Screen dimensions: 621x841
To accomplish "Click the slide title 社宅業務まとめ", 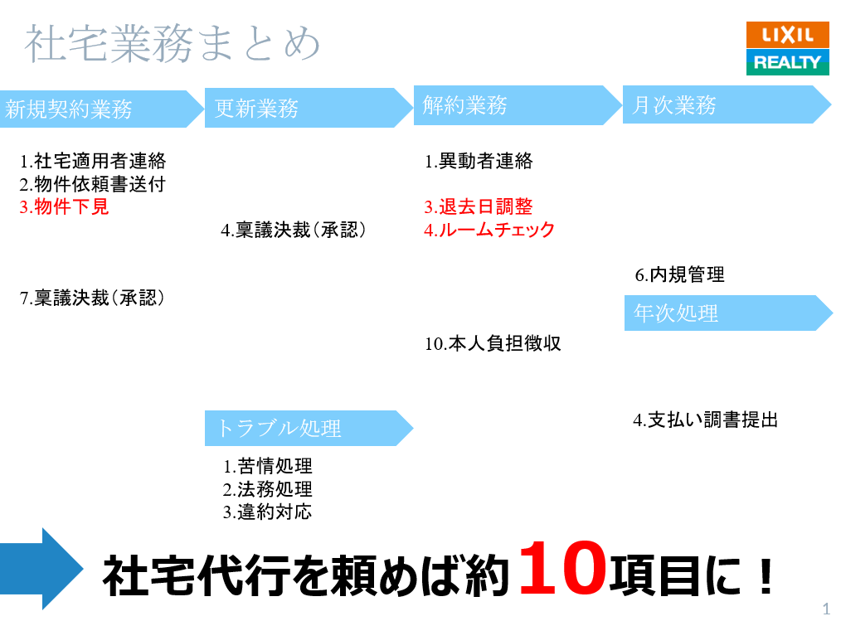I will pos(172,44).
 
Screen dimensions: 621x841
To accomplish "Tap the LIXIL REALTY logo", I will pos(787,49).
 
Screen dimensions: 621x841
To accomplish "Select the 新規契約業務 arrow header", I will pos(100,109).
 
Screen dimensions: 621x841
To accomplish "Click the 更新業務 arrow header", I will pos(307,109).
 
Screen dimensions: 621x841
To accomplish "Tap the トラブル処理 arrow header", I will pos(307,428).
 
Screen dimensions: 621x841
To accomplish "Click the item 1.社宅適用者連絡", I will pos(93,161).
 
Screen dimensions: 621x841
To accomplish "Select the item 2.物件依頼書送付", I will pos(92,184).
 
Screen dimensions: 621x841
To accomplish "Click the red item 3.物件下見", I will pos(64,207).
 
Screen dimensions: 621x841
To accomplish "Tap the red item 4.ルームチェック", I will pos(489,230).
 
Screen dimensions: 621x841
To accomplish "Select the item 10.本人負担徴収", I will pos(493,343).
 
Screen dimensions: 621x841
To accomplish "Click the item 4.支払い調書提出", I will pos(706,420).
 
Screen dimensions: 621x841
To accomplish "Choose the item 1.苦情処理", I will pos(267,467).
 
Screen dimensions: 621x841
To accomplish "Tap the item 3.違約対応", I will pos(267,512).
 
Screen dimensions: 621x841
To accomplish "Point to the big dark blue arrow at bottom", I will pos(41,569).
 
